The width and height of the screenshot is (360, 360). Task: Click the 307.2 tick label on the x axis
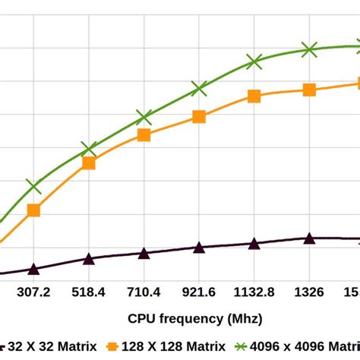[33, 292]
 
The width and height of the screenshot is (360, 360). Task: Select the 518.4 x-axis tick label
[89, 292]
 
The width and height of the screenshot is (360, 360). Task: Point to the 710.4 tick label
[144, 292]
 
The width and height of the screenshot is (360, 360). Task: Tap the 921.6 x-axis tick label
[199, 292]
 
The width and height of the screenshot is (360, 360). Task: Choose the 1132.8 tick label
[254, 292]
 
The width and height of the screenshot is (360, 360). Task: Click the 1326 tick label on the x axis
[309, 292]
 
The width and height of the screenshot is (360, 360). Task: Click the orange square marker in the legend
[112, 346]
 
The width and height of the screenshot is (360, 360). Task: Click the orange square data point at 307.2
[33, 210]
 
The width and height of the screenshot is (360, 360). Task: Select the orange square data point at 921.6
[199, 116]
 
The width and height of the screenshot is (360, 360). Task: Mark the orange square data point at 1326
[309, 90]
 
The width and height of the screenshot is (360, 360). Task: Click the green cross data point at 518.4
[89, 149]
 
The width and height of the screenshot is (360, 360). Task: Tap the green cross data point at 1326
[309, 49]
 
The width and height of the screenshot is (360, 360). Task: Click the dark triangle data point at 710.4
[144, 254]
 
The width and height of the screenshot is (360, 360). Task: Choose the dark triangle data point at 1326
[309, 238]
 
